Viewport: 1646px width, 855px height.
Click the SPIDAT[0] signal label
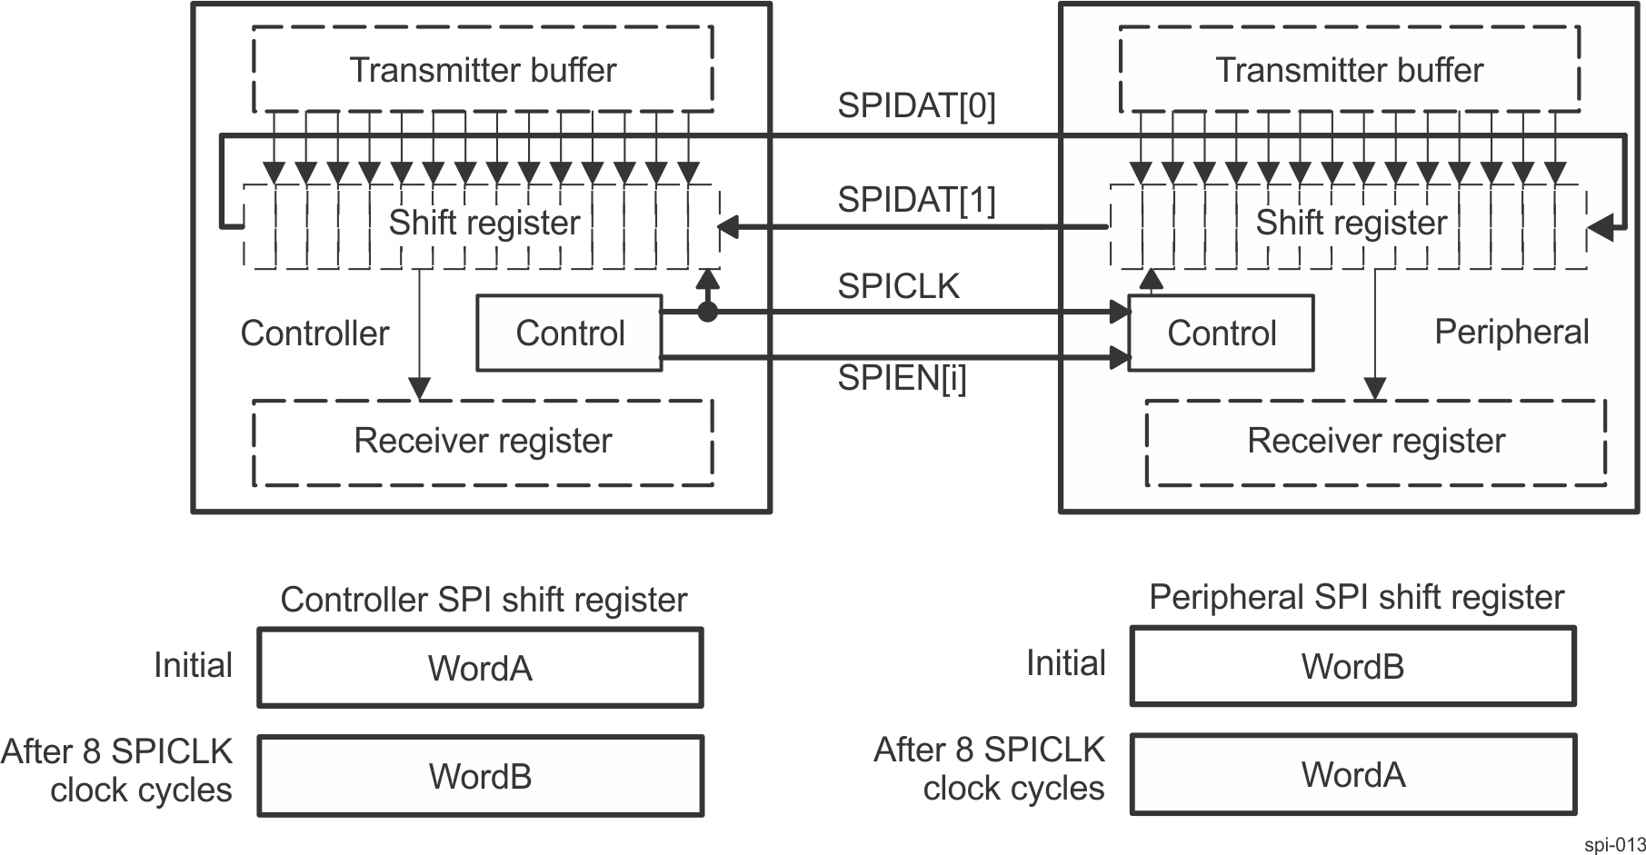click(x=916, y=106)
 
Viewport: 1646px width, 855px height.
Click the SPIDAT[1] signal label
click(x=916, y=199)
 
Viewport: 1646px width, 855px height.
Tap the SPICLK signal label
click(x=898, y=286)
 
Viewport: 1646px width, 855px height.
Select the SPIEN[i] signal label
click(x=902, y=378)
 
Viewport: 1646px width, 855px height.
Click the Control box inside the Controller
click(x=570, y=333)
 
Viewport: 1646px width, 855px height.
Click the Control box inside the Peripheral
click(x=1221, y=333)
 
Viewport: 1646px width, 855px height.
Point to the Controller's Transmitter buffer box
click(x=483, y=69)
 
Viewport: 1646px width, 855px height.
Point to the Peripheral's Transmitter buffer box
click(x=1349, y=69)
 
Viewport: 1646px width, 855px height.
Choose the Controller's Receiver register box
click(x=483, y=441)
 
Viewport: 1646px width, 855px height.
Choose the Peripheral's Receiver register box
click(x=1375, y=441)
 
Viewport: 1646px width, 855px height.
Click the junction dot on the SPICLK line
click(x=706, y=313)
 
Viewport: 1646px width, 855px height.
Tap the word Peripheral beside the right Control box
click(x=1511, y=332)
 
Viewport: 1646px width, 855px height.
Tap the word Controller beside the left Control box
click(x=314, y=333)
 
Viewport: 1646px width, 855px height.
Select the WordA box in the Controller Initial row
click(x=480, y=668)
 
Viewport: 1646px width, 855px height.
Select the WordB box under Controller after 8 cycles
click(x=480, y=775)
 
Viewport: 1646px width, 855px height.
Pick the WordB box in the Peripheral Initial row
click(x=1352, y=666)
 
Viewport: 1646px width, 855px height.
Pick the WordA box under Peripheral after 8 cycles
click(x=1352, y=774)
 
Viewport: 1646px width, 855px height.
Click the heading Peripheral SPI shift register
click(x=1356, y=597)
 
